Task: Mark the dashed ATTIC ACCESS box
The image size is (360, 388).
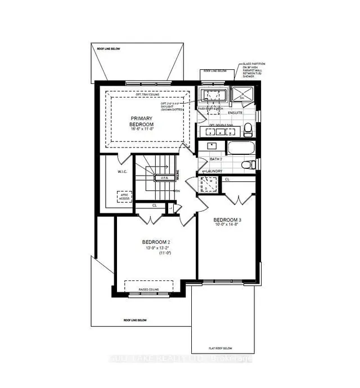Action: tap(124, 197)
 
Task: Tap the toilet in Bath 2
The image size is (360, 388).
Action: tap(247, 164)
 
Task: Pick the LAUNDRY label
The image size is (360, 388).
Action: tap(214, 171)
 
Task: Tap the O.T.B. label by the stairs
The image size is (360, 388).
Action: tap(165, 178)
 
